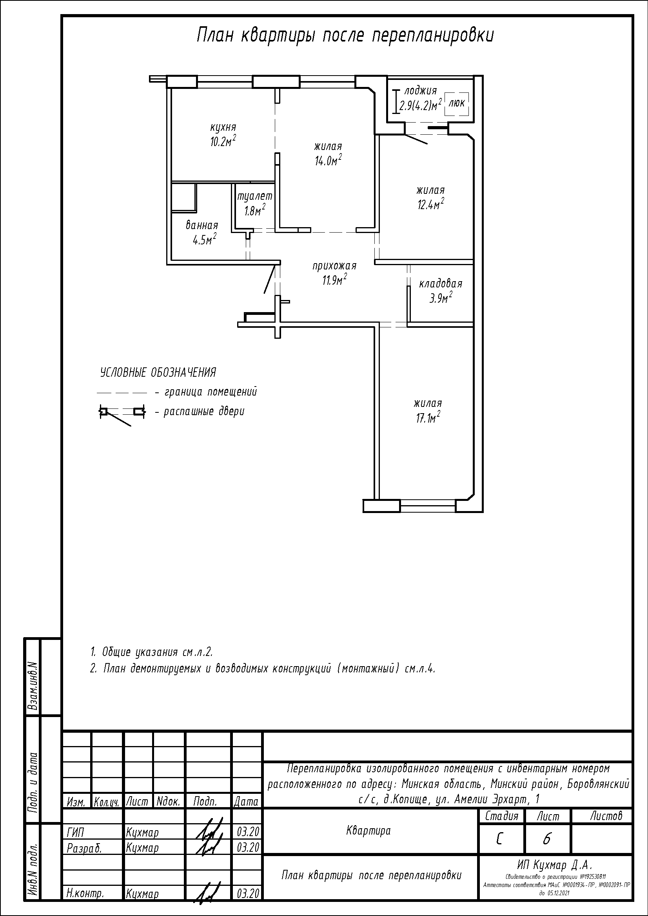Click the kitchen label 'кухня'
pyautogui.click(x=223, y=128)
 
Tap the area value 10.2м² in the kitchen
pyautogui.click(x=223, y=141)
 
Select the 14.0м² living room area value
pyautogui.click(x=328, y=160)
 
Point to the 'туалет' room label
pyautogui.click(x=255, y=196)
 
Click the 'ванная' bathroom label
pyautogui.click(x=202, y=226)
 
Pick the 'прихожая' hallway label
pyautogui.click(x=334, y=266)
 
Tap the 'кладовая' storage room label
pyautogui.click(x=441, y=284)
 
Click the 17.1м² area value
pyautogui.click(x=428, y=417)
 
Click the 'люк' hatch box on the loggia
pyautogui.click(x=457, y=103)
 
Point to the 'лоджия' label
pyautogui.click(x=420, y=91)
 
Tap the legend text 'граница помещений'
pyautogui.click(x=211, y=392)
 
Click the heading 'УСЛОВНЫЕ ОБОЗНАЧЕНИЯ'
pyautogui.click(x=158, y=372)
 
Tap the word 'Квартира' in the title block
pyautogui.click(x=368, y=831)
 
